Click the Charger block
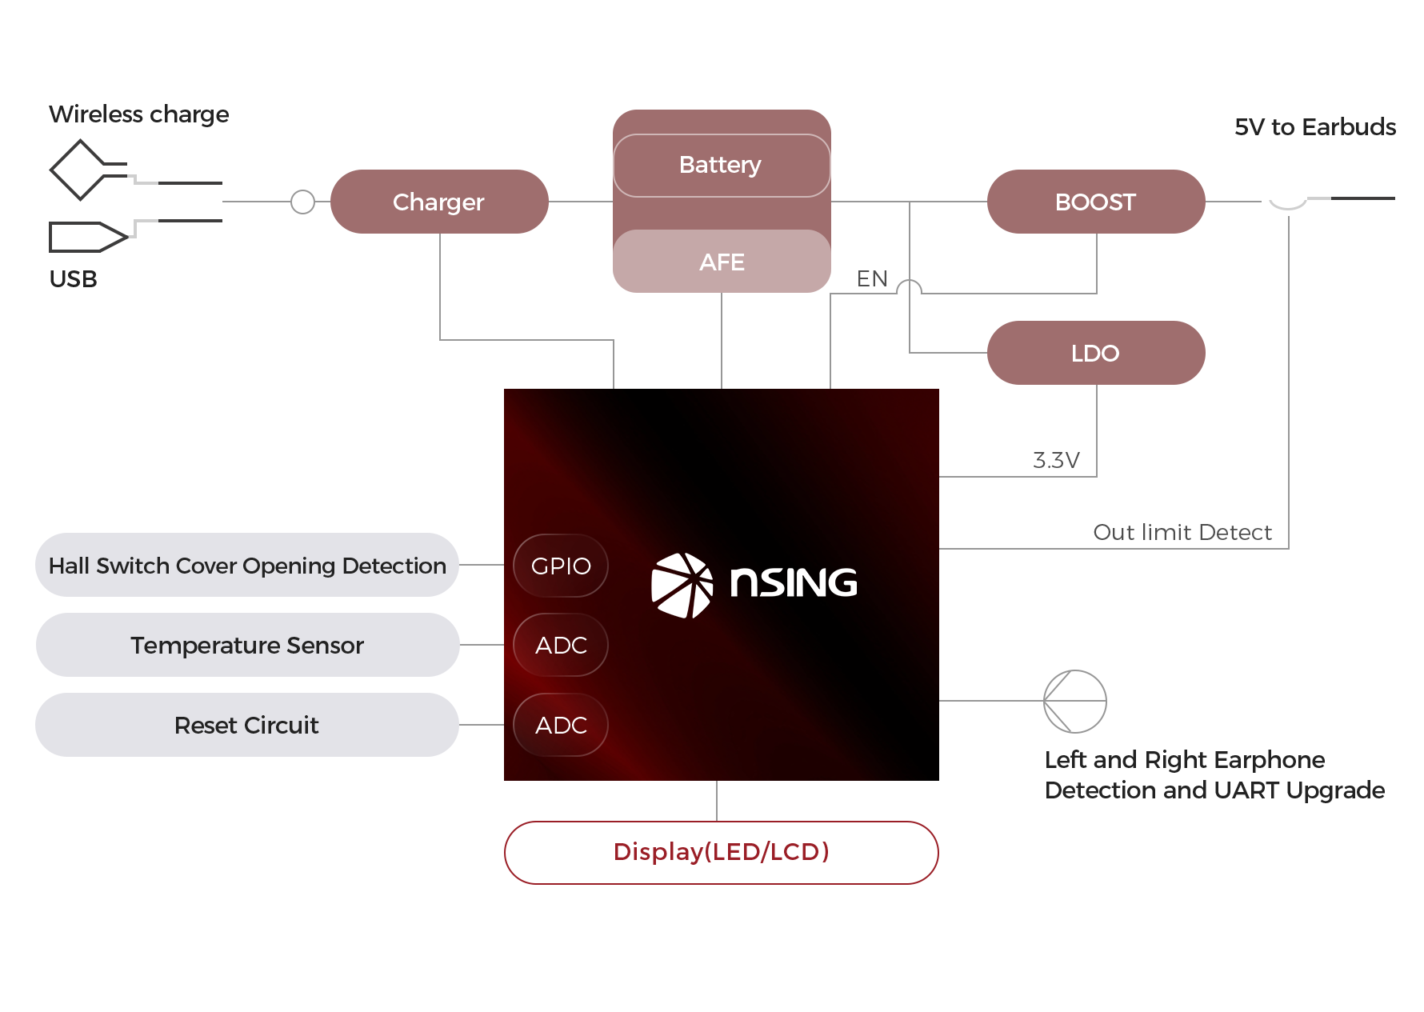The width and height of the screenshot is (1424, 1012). tap(439, 202)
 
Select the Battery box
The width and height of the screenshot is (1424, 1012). tap(721, 165)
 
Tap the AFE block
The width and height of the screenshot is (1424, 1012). tap(722, 262)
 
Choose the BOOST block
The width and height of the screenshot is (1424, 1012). tap(1095, 202)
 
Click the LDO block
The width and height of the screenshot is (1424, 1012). tap(1095, 353)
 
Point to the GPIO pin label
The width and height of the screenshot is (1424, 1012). tap(561, 566)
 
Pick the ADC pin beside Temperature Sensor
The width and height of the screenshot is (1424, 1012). tap(561, 645)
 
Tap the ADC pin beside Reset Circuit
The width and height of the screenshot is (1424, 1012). tap(561, 725)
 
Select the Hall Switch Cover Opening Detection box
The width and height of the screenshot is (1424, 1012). tap(247, 566)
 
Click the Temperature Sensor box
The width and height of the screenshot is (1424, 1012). tap(247, 645)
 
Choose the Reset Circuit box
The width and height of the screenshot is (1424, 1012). tap(247, 725)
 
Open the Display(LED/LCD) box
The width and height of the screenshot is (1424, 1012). tap(721, 852)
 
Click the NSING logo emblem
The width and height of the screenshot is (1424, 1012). tap(682, 585)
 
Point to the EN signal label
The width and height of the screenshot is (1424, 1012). tap(872, 278)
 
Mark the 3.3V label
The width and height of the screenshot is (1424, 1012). tap(1056, 460)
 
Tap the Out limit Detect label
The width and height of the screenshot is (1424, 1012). tap(1182, 532)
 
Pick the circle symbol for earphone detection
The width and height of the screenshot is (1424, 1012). tap(1075, 701)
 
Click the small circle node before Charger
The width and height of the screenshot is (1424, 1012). tap(302, 202)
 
